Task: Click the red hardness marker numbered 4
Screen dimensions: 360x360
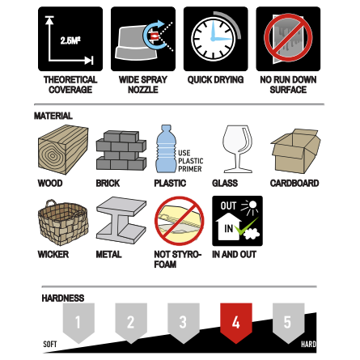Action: tap(236, 322)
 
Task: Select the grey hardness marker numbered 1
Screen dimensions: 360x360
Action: tap(78, 322)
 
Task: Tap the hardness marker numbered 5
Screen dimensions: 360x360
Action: tap(288, 322)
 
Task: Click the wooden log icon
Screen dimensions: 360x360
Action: tap(63, 150)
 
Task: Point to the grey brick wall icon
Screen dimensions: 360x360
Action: tap(121, 150)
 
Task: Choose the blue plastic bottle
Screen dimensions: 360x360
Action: tap(166, 149)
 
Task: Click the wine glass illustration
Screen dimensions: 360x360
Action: tap(238, 149)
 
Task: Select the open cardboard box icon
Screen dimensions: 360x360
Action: tap(295, 151)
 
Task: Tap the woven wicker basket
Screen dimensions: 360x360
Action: tap(63, 222)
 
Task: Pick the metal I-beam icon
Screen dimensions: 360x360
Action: tap(121, 221)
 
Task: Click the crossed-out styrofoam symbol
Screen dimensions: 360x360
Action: tap(179, 221)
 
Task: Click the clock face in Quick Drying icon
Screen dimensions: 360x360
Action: tap(214, 39)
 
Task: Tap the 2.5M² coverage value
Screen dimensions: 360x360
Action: tap(70, 40)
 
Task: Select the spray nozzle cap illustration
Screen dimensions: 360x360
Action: tap(136, 42)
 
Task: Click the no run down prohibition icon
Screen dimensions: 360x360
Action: tap(288, 38)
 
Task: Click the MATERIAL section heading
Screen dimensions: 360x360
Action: tap(53, 116)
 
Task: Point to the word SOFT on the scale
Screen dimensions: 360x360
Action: tap(50, 344)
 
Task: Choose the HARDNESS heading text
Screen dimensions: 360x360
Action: tap(63, 298)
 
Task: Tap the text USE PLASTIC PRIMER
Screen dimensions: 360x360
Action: tap(191, 161)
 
